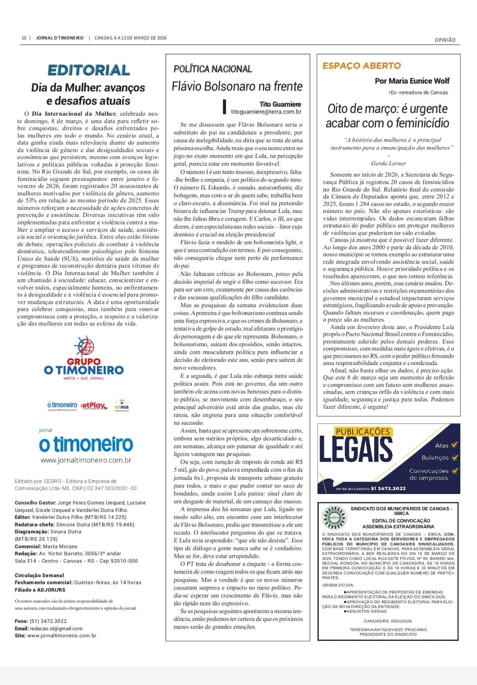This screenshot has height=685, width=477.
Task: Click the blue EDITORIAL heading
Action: click(x=88, y=70)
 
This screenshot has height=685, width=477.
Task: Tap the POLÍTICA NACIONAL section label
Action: click(x=213, y=69)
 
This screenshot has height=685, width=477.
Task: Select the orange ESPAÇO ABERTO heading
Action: click(x=362, y=66)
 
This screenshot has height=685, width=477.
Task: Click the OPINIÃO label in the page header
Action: click(x=445, y=40)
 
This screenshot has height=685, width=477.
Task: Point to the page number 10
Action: click(x=24, y=38)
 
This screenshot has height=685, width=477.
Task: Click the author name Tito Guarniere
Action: click(x=280, y=104)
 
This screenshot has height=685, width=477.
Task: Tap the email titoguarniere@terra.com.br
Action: click(x=266, y=112)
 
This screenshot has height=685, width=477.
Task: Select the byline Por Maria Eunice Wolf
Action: click(x=412, y=81)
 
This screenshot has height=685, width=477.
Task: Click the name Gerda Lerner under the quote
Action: click(x=388, y=163)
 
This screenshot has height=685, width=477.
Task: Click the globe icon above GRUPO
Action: click(x=84, y=346)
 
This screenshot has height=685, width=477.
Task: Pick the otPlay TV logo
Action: click(x=94, y=405)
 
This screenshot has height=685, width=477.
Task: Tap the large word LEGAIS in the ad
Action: click(x=356, y=449)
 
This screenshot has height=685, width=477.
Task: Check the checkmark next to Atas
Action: click(x=454, y=445)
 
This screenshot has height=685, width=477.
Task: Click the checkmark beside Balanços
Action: click(x=455, y=458)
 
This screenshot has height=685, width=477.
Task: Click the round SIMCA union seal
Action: click(x=334, y=517)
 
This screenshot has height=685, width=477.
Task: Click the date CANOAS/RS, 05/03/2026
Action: click(x=388, y=621)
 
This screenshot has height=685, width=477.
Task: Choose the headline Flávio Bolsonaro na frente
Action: click(x=237, y=87)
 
